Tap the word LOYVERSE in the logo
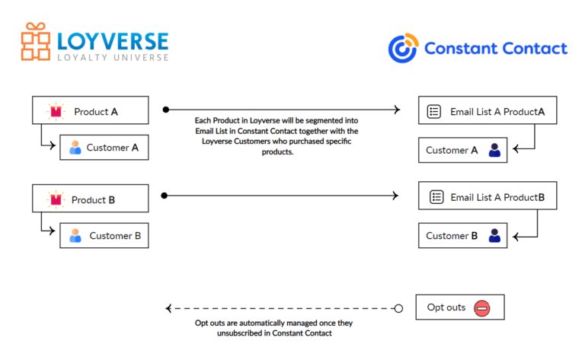(x=112, y=37)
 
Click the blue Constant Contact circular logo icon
(x=402, y=48)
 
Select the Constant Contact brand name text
(x=495, y=49)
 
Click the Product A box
(x=90, y=111)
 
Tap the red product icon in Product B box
(x=56, y=200)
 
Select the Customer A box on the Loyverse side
(x=104, y=148)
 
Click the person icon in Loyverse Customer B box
(x=75, y=236)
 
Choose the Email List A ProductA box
(x=487, y=111)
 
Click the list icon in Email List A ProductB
(x=436, y=197)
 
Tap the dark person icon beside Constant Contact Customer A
(x=495, y=151)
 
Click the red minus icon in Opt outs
(x=481, y=308)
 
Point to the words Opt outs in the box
(x=446, y=307)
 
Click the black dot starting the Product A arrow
(x=166, y=110)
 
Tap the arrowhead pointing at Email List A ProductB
(x=395, y=196)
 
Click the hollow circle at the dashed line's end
(x=398, y=308)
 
